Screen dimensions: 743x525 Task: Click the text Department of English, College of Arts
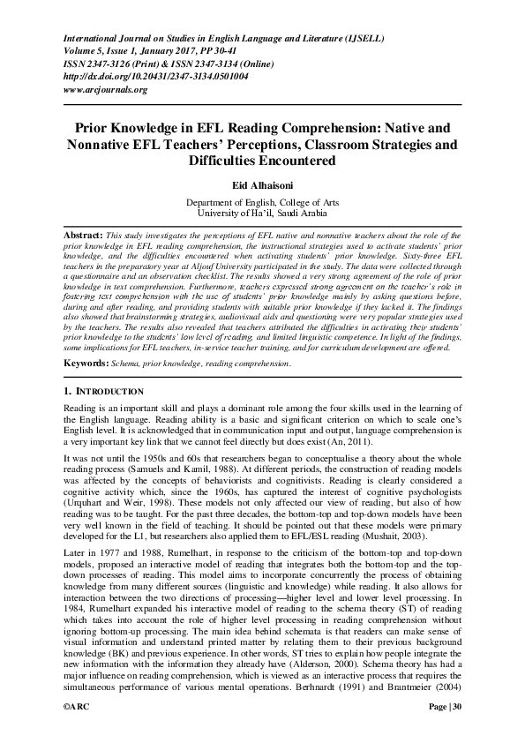(x=262, y=201)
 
